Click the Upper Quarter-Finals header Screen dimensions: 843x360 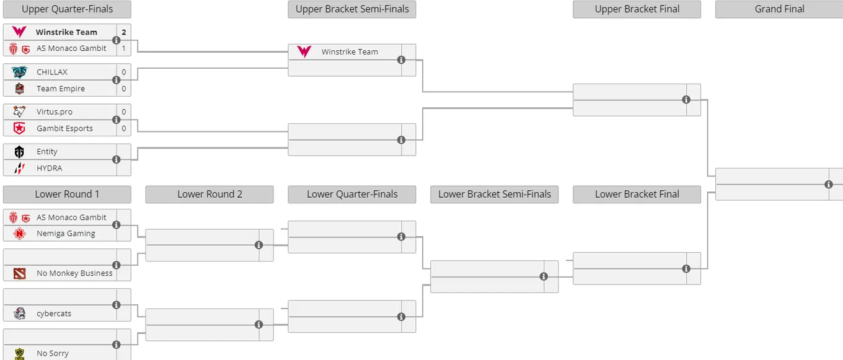(67, 9)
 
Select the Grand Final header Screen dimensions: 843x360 (779, 9)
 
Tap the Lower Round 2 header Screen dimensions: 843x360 (210, 195)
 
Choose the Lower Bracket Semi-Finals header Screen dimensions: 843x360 (495, 195)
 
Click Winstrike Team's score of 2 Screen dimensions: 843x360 (124, 32)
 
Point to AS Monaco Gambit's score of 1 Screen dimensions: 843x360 (124, 48)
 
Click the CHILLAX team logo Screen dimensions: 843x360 (19, 72)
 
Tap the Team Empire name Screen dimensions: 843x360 (61, 89)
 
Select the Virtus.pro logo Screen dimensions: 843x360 (19, 112)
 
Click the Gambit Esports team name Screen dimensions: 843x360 (64, 128)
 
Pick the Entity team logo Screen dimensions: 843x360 (19, 152)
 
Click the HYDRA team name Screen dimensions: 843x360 (50, 168)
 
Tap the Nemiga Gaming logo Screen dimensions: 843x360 (19, 234)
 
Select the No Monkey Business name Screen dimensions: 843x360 (74, 273)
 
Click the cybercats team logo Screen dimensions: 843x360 (20, 314)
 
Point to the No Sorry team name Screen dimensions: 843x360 (53, 353)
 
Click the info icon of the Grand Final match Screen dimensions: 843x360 (828, 184)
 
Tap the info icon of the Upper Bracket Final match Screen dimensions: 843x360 (686, 100)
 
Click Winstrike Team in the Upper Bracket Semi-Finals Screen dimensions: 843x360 (350, 52)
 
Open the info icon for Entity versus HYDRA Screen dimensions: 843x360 (117, 159)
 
